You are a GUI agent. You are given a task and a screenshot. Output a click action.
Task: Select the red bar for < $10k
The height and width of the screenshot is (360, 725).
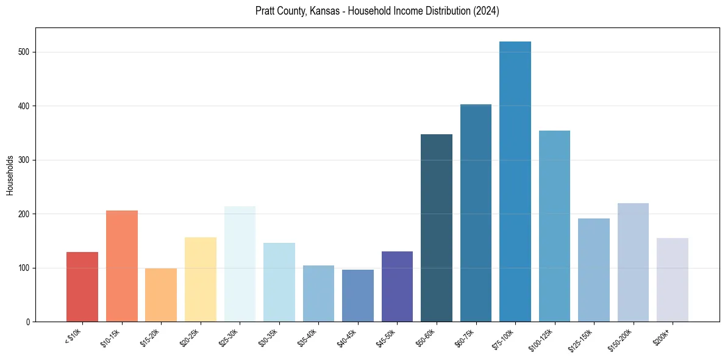[x=82, y=287]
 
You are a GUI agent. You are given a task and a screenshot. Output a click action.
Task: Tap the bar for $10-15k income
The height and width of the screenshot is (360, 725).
[x=122, y=266]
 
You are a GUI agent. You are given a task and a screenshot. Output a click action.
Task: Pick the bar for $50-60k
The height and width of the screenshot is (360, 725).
[x=437, y=228]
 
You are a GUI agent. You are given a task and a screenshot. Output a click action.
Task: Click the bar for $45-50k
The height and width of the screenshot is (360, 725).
[x=397, y=287]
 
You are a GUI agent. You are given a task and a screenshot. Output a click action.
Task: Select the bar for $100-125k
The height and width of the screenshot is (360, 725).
[x=554, y=226]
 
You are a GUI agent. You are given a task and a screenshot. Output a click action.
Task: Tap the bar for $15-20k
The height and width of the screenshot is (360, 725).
[x=161, y=295]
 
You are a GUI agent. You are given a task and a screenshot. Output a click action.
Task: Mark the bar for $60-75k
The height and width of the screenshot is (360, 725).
[x=476, y=213]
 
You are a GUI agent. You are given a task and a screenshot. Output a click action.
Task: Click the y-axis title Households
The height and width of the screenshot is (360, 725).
[x=10, y=175]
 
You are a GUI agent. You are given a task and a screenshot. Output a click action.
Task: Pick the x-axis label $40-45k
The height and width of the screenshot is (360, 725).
[x=346, y=337]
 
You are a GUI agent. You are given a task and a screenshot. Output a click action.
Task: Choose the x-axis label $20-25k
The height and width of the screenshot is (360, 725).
[x=189, y=337]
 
